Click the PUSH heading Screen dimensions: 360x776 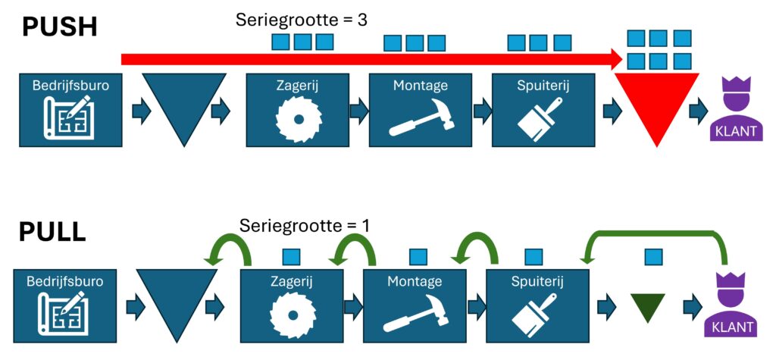[x=60, y=27]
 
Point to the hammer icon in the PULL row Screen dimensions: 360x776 [x=414, y=313]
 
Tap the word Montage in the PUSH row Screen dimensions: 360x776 [x=420, y=86]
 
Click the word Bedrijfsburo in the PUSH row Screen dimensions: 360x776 [x=61, y=86]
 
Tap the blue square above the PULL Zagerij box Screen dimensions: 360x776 [x=291, y=257]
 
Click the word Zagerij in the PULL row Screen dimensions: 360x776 [x=292, y=281]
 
